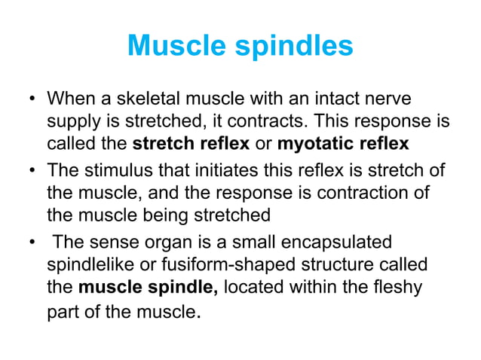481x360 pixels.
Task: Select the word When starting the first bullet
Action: click(x=72, y=99)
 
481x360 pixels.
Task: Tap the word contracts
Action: click(x=277, y=121)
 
